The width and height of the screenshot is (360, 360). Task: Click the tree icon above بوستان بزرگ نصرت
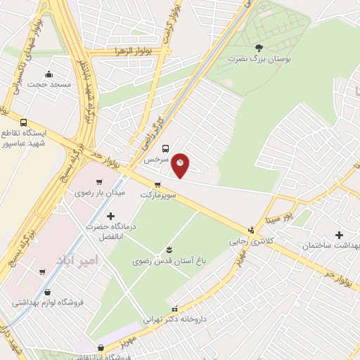[x=259, y=48]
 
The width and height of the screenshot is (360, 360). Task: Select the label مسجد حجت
[x=50, y=84]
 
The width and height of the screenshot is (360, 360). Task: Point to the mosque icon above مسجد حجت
[x=49, y=74]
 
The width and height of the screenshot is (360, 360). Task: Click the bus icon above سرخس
[x=165, y=148]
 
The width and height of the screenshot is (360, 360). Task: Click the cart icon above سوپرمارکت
[x=167, y=184]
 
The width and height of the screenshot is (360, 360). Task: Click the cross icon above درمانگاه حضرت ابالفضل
[x=110, y=216]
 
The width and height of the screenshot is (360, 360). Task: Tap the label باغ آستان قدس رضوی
[x=169, y=262]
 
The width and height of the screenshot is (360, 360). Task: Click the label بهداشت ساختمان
[x=330, y=245]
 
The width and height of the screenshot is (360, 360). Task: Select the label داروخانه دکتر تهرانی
[x=174, y=319]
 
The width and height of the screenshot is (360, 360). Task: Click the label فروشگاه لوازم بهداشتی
[x=47, y=303]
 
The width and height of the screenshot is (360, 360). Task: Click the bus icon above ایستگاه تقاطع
[x=25, y=122]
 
